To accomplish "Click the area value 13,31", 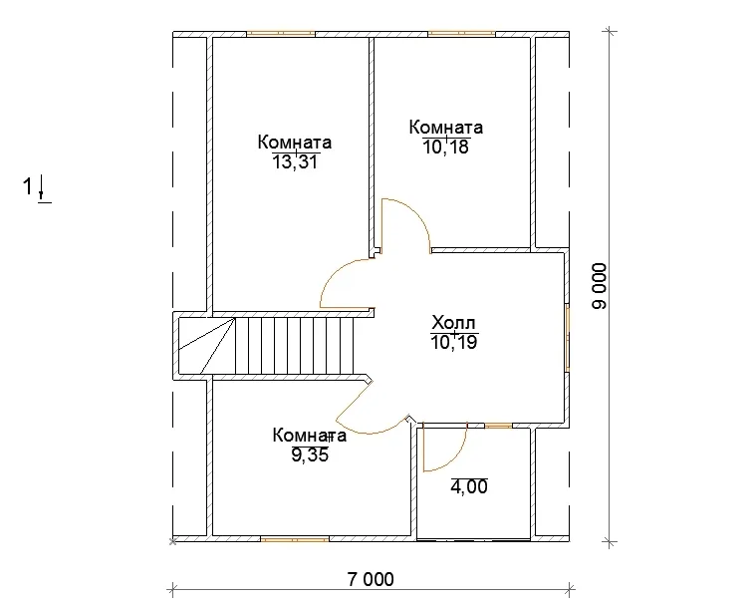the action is coord(295,162).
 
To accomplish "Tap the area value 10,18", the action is coord(446,147).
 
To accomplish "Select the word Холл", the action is coord(454,322).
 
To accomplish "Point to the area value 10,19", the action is coord(454,342).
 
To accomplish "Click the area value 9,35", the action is coord(310,454).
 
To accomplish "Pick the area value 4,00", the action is coord(469,487).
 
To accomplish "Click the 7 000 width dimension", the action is coord(371,579).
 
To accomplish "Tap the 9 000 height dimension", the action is coord(600,286).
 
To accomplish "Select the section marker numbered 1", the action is coord(37,188).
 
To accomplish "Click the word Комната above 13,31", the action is coord(295,143).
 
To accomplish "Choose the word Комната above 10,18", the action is coord(446,127).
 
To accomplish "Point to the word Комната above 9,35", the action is coord(310,436).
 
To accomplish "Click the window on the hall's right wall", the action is coord(568,337).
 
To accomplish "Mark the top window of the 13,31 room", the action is coord(281,34).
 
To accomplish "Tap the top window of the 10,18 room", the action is coord(461,34).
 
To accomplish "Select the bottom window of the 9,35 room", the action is coord(295,540).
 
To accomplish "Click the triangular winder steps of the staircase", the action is coord(207,346).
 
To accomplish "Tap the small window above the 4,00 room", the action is coord(498,426).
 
